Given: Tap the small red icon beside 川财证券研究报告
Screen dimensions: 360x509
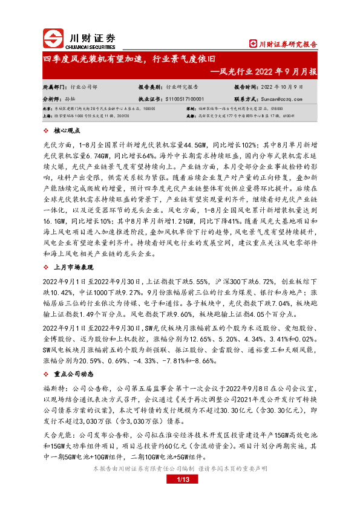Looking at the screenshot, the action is tap(254, 44).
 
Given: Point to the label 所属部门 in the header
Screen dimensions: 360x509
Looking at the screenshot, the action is tap(54, 87).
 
